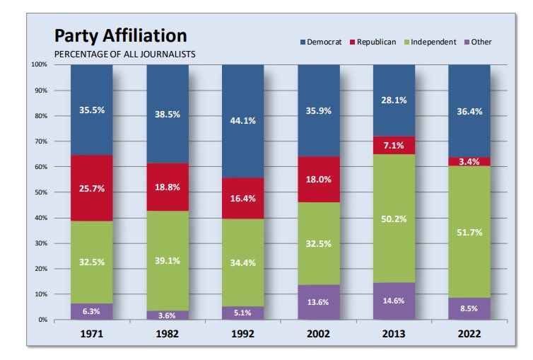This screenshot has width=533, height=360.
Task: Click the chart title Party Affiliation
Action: [x=121, y=35]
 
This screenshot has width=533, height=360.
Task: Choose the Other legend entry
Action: [x=476, y=42]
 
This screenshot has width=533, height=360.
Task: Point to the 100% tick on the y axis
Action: [x=39, y=65]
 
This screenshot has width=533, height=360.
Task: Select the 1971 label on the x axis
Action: [x=91, y=334]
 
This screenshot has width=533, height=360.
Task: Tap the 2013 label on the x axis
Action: [x=394, y=334]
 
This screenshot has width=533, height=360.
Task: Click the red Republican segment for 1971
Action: [x=91, y=188]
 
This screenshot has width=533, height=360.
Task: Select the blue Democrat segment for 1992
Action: [x=242, y=121]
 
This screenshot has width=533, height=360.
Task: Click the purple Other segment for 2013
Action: [x=394, y=301]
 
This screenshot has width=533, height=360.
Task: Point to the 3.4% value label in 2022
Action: [x=469, y=162]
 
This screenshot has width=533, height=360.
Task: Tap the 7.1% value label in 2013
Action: [x=394, y=146]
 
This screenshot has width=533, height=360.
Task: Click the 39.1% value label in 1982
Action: [x=167, y=260]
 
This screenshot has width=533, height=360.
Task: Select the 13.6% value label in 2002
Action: [x=318, y=302]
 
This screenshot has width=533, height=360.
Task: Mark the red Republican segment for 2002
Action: [x=318, y=180]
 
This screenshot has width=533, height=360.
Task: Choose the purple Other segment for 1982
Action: [x=167, y=315]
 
